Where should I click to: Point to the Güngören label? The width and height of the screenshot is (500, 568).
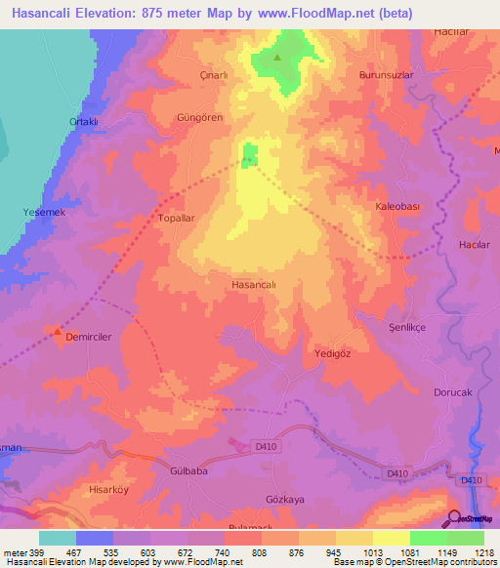pos(199,117)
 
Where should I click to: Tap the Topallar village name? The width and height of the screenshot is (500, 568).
pos(179,221)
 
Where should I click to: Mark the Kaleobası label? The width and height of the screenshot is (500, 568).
pos(398,207)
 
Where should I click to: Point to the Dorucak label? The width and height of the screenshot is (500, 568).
pos(453,392)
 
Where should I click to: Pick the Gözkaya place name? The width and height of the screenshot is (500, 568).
pos(285,499)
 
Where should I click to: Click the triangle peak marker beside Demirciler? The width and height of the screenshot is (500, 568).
pos(58,333)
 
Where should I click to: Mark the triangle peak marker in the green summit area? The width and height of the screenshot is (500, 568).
pos(277,57)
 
